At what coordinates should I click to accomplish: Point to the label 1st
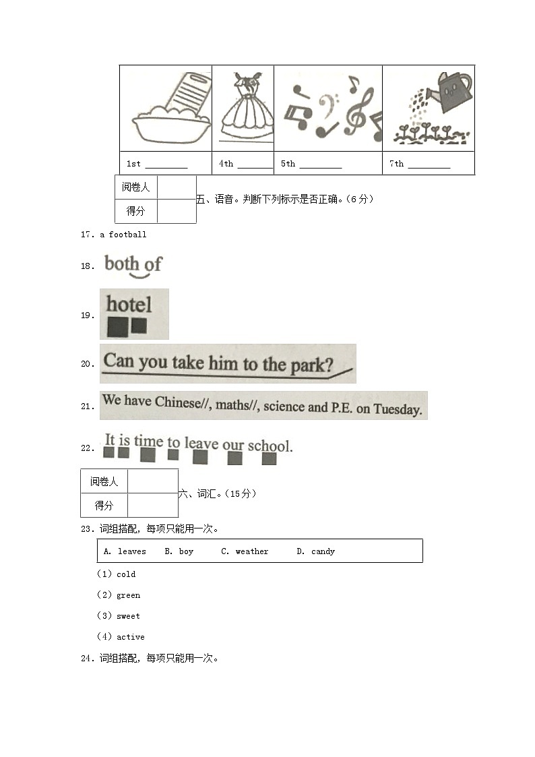[133, 164]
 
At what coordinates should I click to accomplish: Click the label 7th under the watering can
[396, 164]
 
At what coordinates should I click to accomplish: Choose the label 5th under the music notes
[288, 164]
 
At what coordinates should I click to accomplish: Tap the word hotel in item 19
[129, 304]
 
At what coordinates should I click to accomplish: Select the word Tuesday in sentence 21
[398, 408]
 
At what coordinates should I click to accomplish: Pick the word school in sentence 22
[269, 446]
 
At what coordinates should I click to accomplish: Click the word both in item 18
[122, 263]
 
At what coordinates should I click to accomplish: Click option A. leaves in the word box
[125, 551]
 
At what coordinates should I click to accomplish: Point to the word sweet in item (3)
[128, 616]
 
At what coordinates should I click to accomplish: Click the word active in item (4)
[130, 637]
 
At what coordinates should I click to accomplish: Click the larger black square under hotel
[117, 328]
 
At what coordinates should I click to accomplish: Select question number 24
[86, 659]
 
